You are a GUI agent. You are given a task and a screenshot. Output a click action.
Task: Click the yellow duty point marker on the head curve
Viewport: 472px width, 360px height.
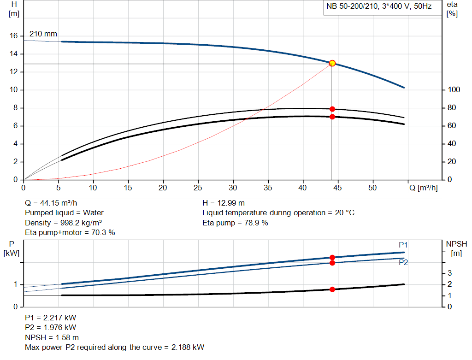(332, 63)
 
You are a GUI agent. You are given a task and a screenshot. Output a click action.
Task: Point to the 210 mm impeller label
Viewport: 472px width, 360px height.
(43, 34)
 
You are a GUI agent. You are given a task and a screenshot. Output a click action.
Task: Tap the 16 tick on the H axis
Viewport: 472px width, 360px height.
(14, 36)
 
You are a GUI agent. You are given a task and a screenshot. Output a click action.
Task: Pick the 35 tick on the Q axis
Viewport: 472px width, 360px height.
(268, 188)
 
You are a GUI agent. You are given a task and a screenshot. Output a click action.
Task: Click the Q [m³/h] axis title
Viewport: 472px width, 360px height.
(423, 188)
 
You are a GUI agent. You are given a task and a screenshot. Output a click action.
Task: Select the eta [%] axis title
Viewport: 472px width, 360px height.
(452, 9)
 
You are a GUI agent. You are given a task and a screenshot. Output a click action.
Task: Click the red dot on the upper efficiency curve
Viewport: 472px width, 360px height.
(332, 109)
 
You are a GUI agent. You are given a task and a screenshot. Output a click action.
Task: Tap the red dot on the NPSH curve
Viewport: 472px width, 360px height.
(332, 289)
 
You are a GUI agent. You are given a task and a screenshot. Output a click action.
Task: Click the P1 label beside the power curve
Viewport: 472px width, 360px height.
(403, 245)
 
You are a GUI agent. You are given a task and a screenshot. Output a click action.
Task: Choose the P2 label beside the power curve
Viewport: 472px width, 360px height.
(403, 262)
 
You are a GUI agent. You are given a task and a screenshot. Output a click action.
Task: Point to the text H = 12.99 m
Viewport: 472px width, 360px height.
(224, 203)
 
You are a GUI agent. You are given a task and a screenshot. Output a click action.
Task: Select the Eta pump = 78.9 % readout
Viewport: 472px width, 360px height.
(235, 223)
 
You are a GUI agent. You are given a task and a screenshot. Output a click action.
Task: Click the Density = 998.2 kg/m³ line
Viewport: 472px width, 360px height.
(63, 223)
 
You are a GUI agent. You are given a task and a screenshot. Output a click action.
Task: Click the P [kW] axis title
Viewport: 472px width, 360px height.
(12, 248)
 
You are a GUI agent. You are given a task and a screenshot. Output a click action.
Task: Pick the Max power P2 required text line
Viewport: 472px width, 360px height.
(114, 347)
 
